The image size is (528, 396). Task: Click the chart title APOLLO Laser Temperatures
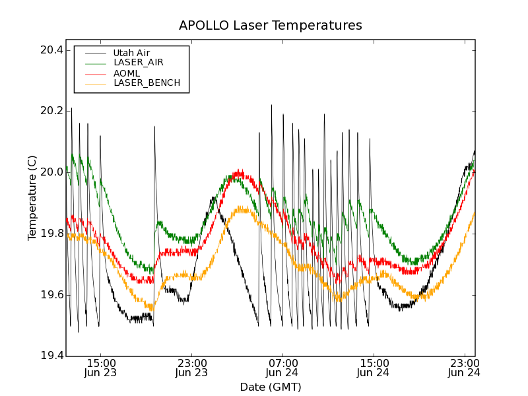point(270,26)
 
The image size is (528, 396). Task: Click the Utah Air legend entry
point(136,53)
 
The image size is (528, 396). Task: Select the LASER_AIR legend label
point(138,63)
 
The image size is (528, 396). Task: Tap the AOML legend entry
point(126,73)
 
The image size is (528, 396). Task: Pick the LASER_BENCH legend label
point(147,83)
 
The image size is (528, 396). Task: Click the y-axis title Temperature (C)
point(32,198)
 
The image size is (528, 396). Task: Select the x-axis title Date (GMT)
point(270,387)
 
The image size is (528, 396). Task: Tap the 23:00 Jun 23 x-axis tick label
point(191,368)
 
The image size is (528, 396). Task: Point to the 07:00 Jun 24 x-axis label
point(282,368)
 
